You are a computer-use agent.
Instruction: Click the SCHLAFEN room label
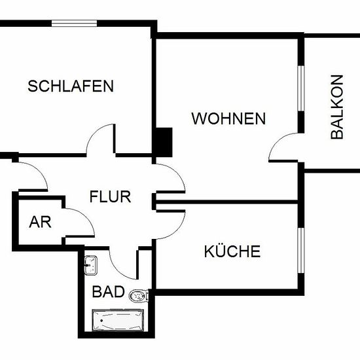[71, 86]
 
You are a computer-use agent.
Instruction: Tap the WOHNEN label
[228, 118]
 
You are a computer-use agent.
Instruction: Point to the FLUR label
[110, 196]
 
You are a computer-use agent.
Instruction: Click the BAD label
[108, 291]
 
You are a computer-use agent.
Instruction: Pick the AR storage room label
[40, 222]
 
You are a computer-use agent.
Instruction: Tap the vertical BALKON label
[337, 107]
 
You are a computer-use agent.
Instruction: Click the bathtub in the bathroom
[118, 320]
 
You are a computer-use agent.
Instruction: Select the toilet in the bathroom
[139, 296]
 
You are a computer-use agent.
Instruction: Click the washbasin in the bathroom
[91, 265]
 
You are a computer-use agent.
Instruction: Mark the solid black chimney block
[164, 142]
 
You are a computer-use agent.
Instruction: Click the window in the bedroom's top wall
[74, 24]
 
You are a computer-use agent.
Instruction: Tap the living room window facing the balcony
[301, 88]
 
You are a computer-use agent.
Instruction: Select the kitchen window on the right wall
[301, 250]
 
